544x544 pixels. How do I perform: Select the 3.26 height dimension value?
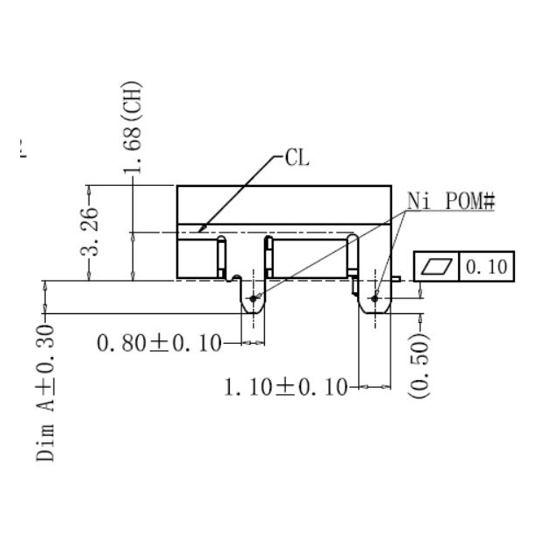pyautogui.click(x=90, y=233)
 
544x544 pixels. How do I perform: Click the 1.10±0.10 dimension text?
pyautogui.click(x=286, y=386)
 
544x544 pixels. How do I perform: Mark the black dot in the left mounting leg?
pyautogui.click(x=254, y=298)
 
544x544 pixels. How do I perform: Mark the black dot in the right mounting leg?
pyautogui.click(x=375, y=298)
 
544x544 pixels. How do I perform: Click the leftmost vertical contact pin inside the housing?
pyautogui.click(x=222, y=256)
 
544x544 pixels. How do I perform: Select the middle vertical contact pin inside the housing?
pyautogui.click(x=269, y=256)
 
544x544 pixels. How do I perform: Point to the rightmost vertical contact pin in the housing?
pyautogui.click(x=354, y=256)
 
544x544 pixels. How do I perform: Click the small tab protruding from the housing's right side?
pyautogui.click(x=397, y=279)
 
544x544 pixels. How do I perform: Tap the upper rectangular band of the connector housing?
pyautogui.click(x=283, y=204)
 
